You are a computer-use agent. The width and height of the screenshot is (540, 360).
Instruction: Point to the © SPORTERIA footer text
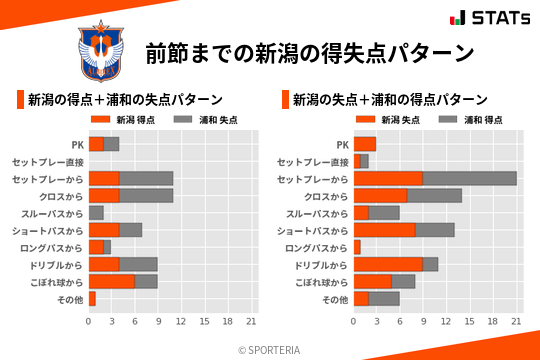(x=270, y=349)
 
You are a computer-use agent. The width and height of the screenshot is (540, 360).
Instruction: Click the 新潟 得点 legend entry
(x=122, y=120)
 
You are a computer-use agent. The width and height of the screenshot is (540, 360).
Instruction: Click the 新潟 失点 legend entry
(x=388, y=120)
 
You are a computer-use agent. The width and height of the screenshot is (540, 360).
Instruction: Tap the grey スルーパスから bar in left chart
(x=96, y=213)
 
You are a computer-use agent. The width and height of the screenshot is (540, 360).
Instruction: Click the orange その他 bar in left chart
(x=92, y=299)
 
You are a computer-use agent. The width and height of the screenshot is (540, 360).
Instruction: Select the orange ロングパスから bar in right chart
(x=357, y=247)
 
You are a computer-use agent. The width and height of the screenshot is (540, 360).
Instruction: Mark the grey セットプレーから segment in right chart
(x=469, y=178)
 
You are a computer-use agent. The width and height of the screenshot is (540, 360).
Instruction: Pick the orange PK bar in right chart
(x=365, y=144)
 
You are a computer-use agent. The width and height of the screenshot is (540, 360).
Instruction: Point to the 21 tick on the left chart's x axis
(x=250, y=322)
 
